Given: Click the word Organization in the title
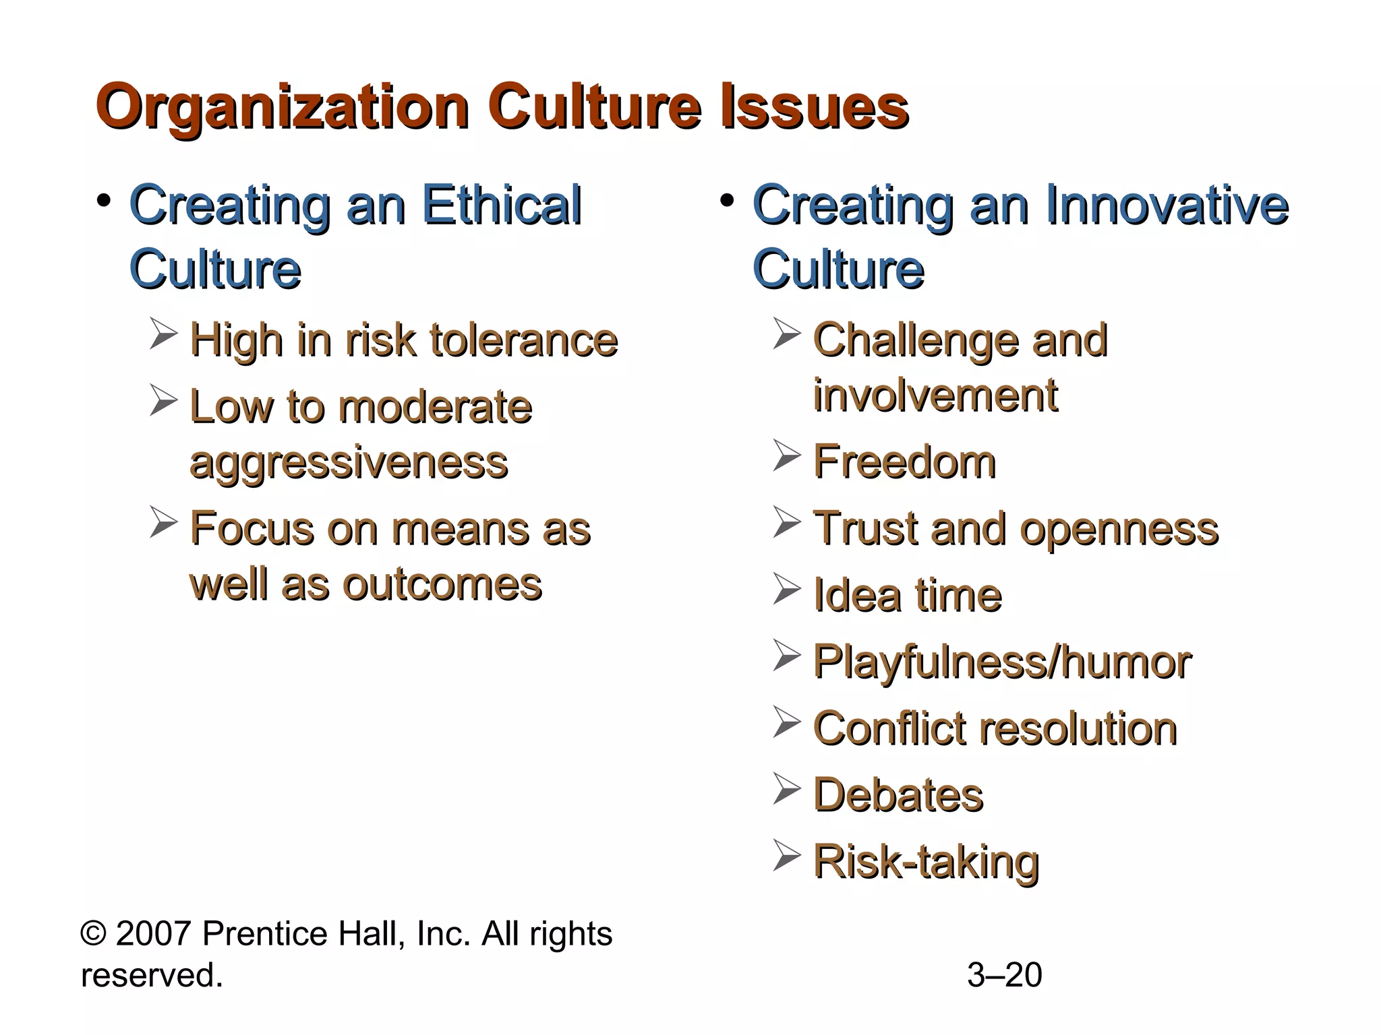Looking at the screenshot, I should (283, 108).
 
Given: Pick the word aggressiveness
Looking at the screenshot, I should (349, 463).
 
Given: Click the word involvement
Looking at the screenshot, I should (935, 396).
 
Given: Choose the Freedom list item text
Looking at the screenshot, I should (904, 462).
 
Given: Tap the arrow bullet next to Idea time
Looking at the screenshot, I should (787, 590).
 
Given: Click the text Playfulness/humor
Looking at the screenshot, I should (1002, 662).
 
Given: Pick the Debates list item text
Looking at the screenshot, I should (898, 795).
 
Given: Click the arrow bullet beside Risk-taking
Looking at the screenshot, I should (787, 856).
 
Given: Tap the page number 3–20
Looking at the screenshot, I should (1004, 975).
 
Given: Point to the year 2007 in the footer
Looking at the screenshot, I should (154, 935).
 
